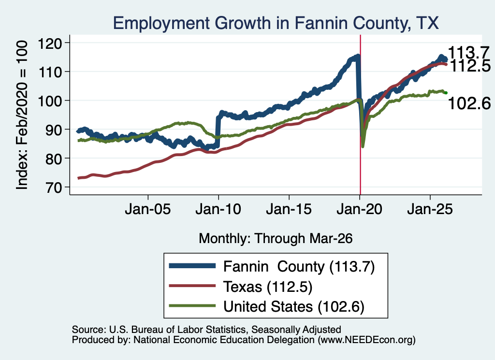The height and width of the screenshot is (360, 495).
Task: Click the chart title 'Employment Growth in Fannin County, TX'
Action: (x=276, y=23)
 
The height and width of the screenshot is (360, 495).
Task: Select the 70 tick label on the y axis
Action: (x=54, y=187)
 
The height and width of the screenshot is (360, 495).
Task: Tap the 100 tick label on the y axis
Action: (x=50, y=101)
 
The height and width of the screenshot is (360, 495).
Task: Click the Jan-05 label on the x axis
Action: (x=148, y=209)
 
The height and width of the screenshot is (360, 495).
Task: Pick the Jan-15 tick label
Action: (x=289, y=209)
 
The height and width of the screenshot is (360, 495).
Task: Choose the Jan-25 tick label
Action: (x=430, y=209)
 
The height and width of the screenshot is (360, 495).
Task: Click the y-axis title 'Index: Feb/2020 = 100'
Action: (x=22, y=115)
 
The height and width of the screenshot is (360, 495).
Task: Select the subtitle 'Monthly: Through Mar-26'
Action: (x=276, y=239)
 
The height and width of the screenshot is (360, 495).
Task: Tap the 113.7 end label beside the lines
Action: (x=468, y=52)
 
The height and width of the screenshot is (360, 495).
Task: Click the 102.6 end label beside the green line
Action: (x=469, y=103)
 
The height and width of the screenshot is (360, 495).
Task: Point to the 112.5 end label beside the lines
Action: (x=470, y=66)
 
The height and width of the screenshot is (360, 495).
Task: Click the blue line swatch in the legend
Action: (x=192, y=266)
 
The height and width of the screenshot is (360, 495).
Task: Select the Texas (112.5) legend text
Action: (x=268, y=287)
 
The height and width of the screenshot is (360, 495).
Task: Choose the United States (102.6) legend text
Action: (x=294, y=306)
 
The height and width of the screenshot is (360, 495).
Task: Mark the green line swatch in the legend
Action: (x=192, y=306)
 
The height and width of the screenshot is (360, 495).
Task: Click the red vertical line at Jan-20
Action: (x=360, y=115)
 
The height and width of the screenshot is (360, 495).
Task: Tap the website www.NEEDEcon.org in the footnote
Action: (x=366, y=340)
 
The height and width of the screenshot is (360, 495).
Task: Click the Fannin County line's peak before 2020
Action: (x=358, y=56)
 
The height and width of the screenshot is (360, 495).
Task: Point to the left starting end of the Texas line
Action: (x=78, y=178)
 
